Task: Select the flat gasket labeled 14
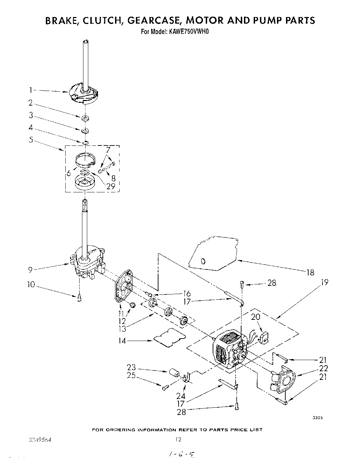169,336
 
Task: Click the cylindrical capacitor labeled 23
175,374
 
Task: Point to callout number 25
131,375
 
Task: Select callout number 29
110,186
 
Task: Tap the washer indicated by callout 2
85,118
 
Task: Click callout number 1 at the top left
31,90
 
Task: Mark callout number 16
186,294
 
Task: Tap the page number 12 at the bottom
178,440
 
